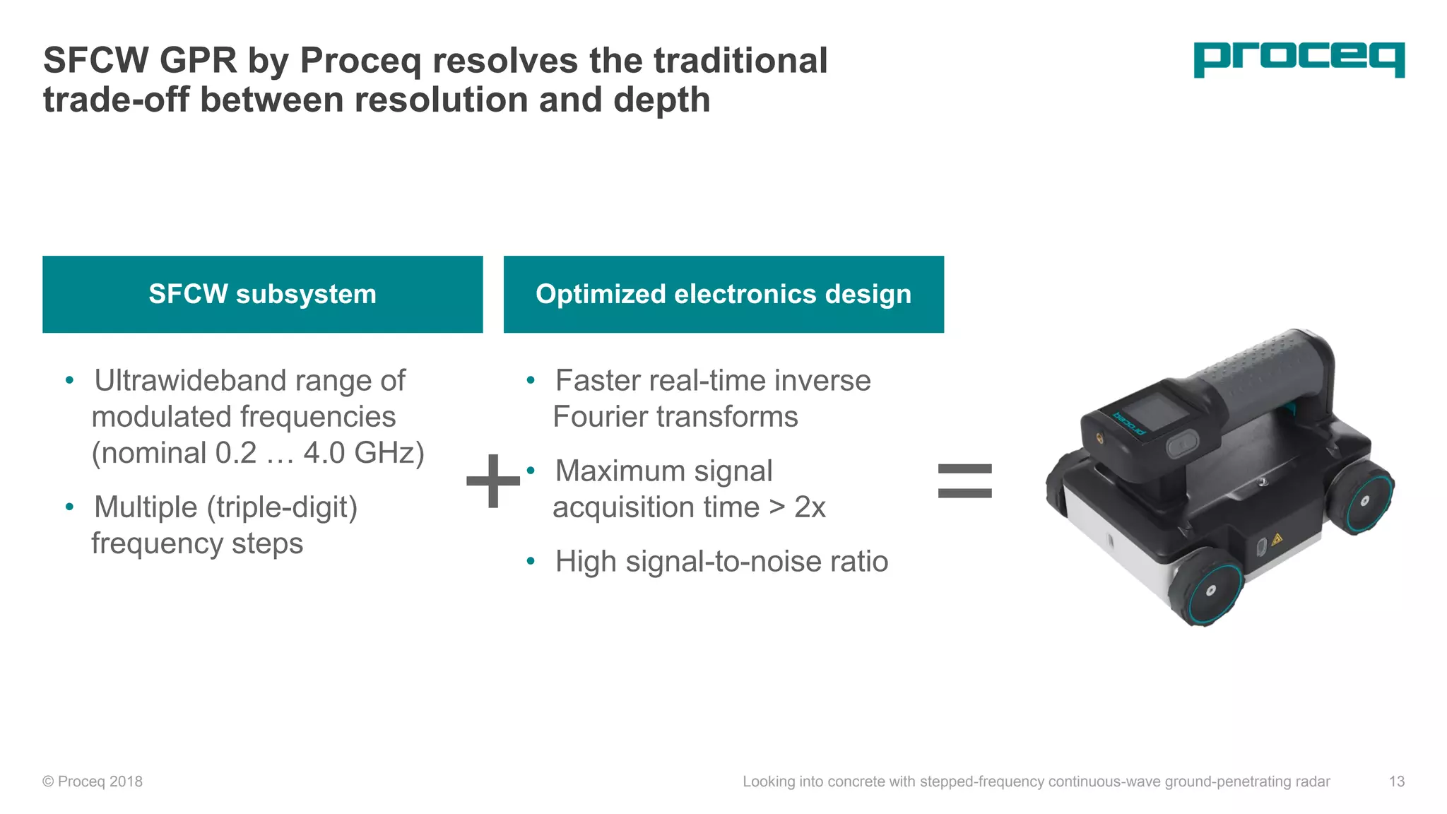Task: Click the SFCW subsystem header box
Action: pos(262,294)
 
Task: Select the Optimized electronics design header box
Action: pos(723,294)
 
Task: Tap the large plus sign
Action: pos(493,481)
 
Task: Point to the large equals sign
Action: pos(964,480)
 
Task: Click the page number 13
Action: pos(1396,781)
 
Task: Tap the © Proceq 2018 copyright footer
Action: pos(93,781)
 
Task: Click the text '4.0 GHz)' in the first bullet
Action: pos(364,453)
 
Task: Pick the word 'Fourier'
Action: pos(597,417)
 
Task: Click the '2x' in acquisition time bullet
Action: pos(810,507)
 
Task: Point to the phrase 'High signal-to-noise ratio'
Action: pos(721,562)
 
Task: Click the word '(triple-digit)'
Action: pos(281,507)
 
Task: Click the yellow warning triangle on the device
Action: pos(1277,541)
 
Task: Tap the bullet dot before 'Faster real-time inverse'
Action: pos(531,382)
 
